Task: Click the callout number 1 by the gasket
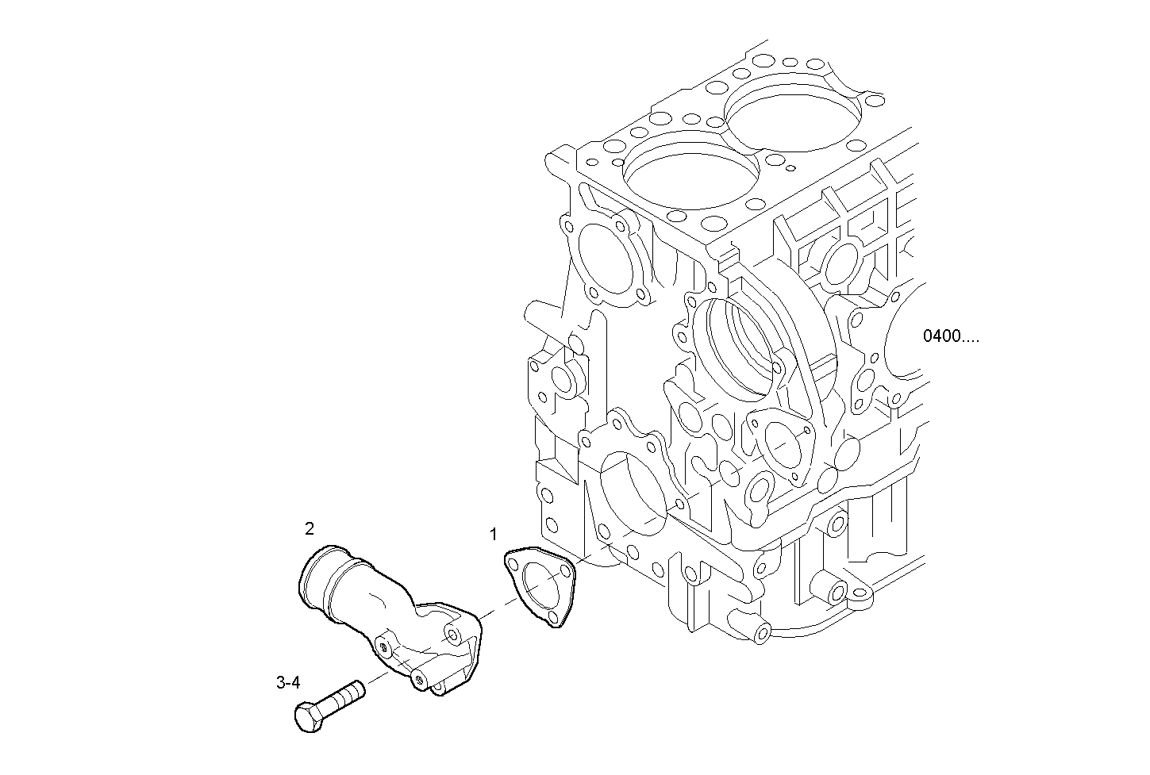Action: tap(494, 533)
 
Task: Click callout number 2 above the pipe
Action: tap(310, 528)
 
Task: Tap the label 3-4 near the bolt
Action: tap(288, 681)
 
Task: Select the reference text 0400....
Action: tap(951, 336)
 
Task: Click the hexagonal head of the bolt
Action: tap(308, 716)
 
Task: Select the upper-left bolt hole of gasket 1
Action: tap(513, 564)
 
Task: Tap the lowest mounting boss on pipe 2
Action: tap(418, 679)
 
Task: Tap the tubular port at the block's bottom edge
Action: tap(761, 632)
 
